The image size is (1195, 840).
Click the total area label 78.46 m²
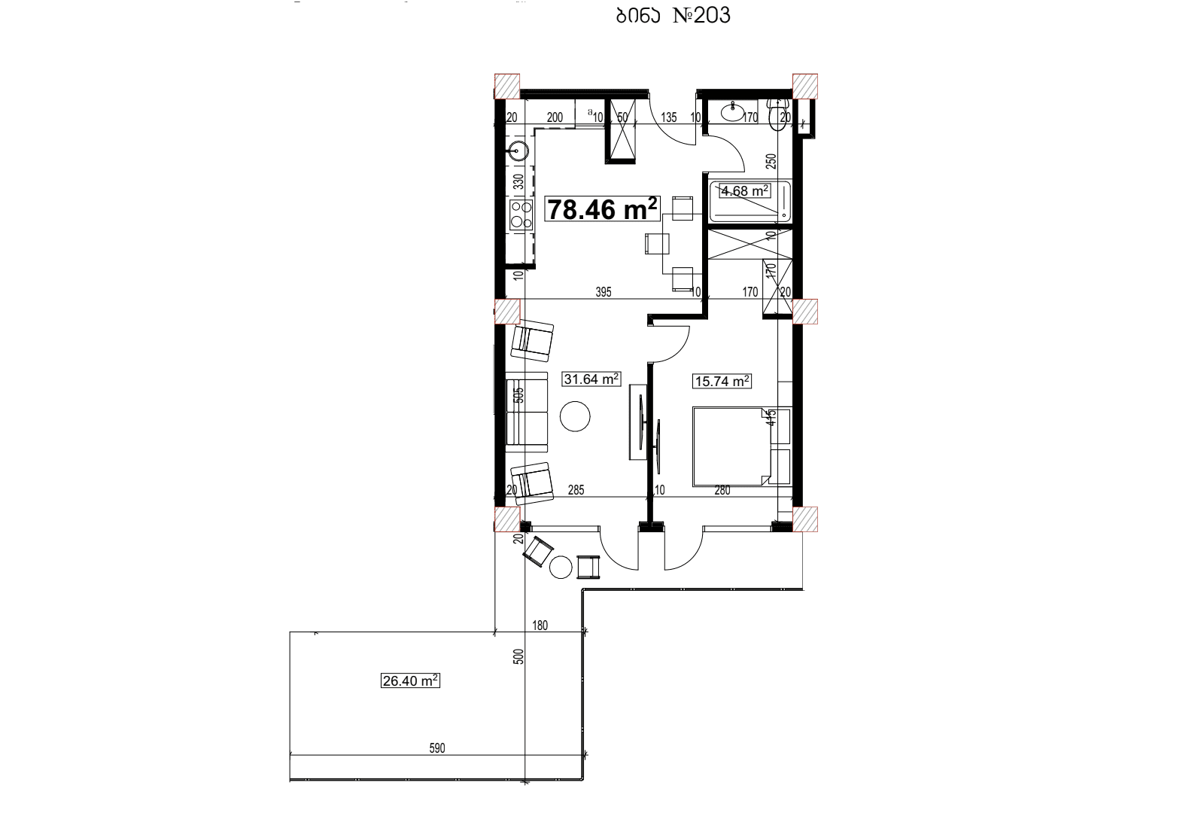click(x=602, y=209)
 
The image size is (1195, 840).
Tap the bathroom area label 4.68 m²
click(x=744, y=191)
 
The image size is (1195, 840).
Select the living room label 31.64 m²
click(x=591, y=379)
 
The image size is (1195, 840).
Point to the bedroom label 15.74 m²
click(x=722, y=382)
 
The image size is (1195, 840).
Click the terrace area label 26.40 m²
click(x=410, y=681)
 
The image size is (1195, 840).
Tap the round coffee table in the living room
click(x=575, y=416)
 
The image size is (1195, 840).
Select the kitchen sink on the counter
click(x=517, y=151)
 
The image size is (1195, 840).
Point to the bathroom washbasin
click(x=731, y=112)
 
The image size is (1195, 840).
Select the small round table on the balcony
click(x=561, y=567)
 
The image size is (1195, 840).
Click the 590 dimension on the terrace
click(x=437, y=748)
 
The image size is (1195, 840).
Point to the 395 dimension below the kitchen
click(x=604, y=292)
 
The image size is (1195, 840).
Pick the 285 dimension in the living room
click(x=576, y=490)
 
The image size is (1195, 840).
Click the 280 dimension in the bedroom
click(x=722, y=490)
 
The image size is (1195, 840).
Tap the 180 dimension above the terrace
click(x=540, y=625)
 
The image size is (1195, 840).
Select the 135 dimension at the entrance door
click(x=669, y=117)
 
